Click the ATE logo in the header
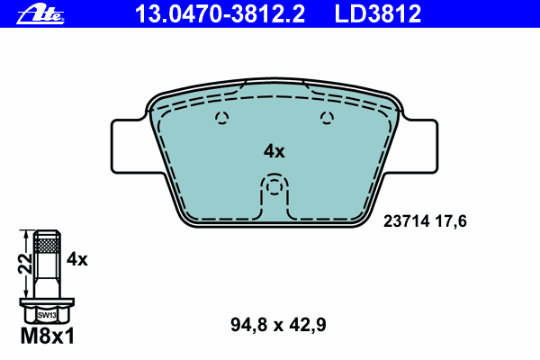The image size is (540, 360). coord(40,14)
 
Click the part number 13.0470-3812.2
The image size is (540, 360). coord(220,13)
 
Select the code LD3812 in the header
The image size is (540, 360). coord(378,13)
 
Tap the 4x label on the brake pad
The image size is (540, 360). coord(274,151)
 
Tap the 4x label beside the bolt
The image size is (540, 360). coord(77,259)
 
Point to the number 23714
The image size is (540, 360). coord(407,220)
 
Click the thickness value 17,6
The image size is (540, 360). coord(451,221)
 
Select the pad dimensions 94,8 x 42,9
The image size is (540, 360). coord(278,325)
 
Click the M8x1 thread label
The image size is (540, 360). coord(48,336)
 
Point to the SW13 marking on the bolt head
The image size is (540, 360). coord(47,315)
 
